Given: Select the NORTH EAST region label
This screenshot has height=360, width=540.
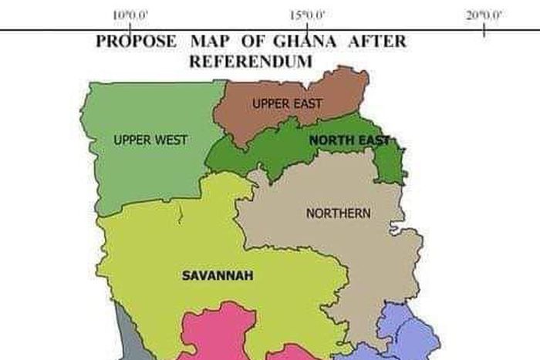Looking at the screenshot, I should click(x=349, y=140).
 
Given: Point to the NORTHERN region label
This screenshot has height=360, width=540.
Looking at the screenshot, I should click(x=338, y=214).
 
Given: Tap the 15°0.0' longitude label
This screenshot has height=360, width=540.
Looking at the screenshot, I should click(x=308, y=15).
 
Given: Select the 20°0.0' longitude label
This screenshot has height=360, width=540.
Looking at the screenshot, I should click(x=484, y=15).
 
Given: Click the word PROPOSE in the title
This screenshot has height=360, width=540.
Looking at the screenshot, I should click(x=136, y=42).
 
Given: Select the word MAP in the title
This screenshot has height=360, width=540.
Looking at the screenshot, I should click(x=208, y=42).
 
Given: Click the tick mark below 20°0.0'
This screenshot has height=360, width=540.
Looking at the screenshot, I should click(x=484, y=32).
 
